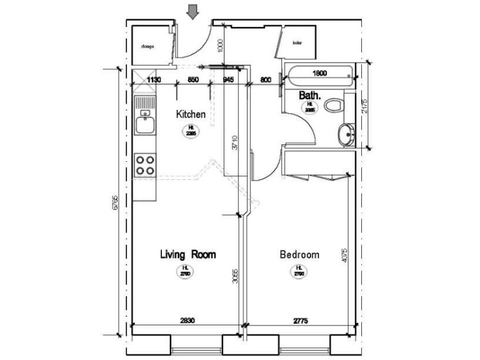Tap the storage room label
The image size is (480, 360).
tap(147, 46)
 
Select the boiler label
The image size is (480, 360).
tap(297, 43)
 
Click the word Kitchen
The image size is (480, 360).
tap(191, 114)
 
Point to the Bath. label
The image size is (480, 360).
tap(310, 96)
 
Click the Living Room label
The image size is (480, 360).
tap(187, 254)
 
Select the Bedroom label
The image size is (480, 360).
tap(299, 254)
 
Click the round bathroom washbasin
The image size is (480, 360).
tap(344, 134)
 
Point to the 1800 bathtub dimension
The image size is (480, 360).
tap(319, 73)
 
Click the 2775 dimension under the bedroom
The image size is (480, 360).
tap(301, 321)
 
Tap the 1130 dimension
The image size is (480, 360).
tap(154, 79)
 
